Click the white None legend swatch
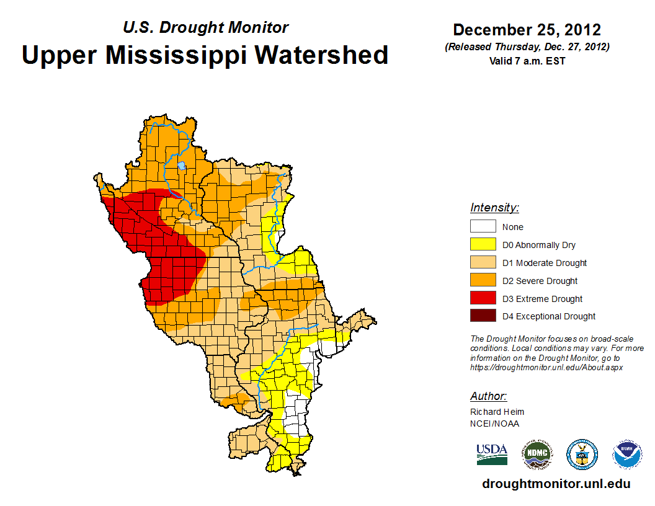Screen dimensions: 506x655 tap(483, 227)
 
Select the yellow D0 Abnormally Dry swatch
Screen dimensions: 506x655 tap(483, 245)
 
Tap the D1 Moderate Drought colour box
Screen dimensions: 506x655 tap(483, 263)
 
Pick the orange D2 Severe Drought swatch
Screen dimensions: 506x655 tap(483, 281)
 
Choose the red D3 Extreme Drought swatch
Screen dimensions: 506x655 tap(483, 298)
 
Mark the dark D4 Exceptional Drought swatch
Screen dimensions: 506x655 tap(483, 316)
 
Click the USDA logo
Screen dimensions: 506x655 tap(492, 455)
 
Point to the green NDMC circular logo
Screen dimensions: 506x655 tap(537, 455)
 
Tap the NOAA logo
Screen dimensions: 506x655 tap(627, 455)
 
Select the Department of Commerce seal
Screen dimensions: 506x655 tap(582, 455)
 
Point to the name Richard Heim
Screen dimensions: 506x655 tap(497, 412)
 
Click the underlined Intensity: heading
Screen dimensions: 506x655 tap(494, 208)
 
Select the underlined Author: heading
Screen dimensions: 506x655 tap(489, 396)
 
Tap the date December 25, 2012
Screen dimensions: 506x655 tap(527, 30)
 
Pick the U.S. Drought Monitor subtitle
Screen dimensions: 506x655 tap(205, 27)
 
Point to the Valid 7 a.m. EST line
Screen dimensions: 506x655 tap(527, 61)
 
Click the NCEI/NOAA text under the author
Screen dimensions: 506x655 tap(494, 424)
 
